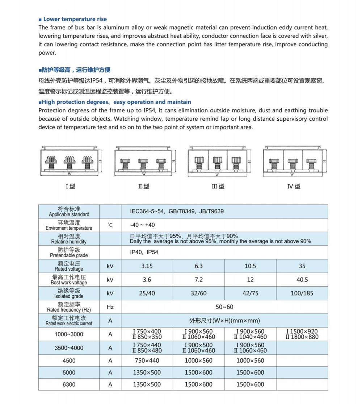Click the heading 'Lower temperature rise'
point(75,19)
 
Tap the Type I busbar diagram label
point(70,187)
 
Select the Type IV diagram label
point(294,187)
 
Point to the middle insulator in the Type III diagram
point(217,162)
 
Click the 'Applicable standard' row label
point(69,212)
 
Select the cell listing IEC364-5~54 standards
point(177,211)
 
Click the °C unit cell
point(110,225)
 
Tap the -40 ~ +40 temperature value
point(142,225)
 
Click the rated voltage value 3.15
point(147,266)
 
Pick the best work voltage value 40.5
point(302,280)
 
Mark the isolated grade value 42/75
point(250,293)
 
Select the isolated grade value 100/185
point(302,293)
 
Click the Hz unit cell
point(110,307)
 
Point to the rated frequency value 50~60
point(224,307)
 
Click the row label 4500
point(69,361)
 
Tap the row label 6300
point(69,384)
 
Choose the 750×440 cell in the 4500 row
point(147,361)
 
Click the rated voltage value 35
point(302,266)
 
